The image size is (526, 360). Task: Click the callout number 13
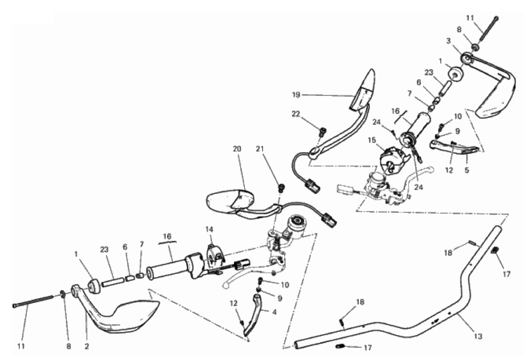click(478, 336)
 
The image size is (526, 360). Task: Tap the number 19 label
click(296, 95)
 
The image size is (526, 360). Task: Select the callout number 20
click(237, 149)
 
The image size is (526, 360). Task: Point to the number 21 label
click(260, 149)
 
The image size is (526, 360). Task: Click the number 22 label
click(296, 114)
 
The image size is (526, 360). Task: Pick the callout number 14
click(209, 230)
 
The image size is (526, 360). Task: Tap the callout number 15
click(372, 140)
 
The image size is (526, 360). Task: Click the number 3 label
click(449, 41)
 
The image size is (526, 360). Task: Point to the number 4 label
click(275, 312)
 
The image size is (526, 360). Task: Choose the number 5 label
click(467, 170)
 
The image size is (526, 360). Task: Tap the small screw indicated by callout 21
click(282, 187)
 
